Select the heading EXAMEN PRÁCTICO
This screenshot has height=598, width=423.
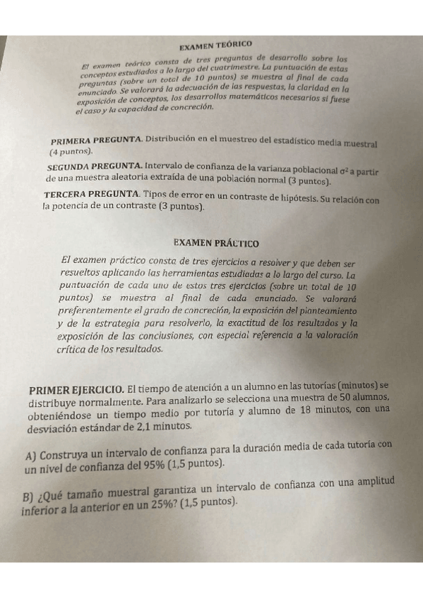tap(215, 243)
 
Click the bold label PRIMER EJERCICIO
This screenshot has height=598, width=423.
tap(76, 390)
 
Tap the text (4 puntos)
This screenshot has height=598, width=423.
tap(71, 152)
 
